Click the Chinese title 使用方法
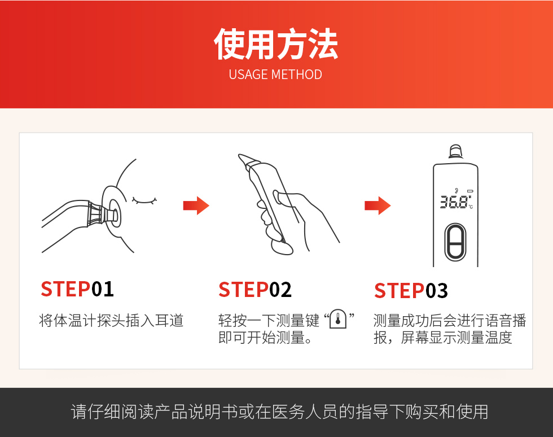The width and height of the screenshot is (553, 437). pyautogui.click(x=276, y=44)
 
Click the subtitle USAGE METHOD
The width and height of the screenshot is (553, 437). pyautogui.click(x=275, y=75)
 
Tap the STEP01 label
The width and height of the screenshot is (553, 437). pyautogui.click(x=77, y=289)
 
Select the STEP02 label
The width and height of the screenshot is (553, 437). pyautogui.click(x=255, y=290)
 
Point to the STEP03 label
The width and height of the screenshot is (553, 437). pyautogui.click(x=411, y=291)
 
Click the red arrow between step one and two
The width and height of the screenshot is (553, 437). pyautogui.click(x=196, y=206)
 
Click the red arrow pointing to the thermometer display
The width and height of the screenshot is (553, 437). pyautogui.click(x=378, y=206)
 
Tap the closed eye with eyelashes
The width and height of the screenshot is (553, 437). pyautogui.click(x=144, y=200)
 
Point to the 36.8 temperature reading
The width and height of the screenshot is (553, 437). pyautogui.click(x=454, y=202)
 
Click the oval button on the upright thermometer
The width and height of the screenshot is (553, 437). pyautogui.click(x=455, y=242)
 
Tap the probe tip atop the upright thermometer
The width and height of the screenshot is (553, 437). pyautogui.click(x=455, y=151)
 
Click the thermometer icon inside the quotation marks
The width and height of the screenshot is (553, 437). pyautogui.click(x=338, y=320)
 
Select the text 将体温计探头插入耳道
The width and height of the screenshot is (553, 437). pyautogui.click(x=111, y=321)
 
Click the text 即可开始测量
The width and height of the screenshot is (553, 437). pyautogui.click(x=265, y=338)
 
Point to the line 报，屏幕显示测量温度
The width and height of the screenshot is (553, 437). pyautogui.click(x=443, y=338)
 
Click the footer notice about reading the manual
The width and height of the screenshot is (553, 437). pyautogui.click(x=279, y=412)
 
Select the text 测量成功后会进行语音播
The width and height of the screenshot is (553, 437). pyautogui.click(x=450, y=321)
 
